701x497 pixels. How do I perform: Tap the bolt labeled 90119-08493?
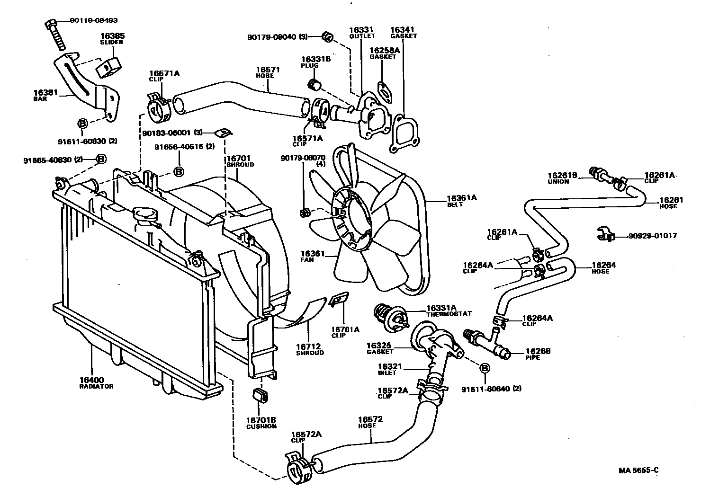coord(55,34)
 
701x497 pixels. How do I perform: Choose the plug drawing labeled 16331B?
coord(315,85)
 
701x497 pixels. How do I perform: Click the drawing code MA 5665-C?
coord(638,470)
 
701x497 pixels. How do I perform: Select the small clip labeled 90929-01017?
coord(605,234)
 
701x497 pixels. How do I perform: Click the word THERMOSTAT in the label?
coord(449,314)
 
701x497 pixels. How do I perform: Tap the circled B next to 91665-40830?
coord(101,159)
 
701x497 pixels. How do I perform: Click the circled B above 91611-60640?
coord(485,368)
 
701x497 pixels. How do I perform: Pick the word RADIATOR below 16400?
coord(96,386)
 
